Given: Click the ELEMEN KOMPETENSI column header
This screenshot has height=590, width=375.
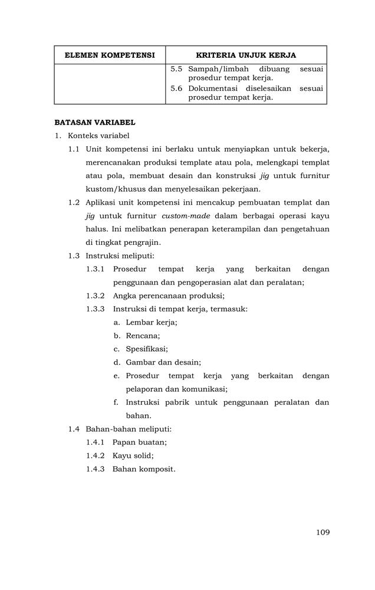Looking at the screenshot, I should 110,55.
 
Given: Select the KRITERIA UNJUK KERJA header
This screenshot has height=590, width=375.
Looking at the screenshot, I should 246,55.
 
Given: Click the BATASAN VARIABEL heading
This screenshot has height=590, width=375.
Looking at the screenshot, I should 95,123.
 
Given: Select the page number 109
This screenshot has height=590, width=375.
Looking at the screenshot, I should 323,532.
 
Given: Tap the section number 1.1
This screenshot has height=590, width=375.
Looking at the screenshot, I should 74,149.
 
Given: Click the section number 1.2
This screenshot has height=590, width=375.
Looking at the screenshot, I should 74,202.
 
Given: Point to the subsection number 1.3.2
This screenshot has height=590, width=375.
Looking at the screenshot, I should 95,296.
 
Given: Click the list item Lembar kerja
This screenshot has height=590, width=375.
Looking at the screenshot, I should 152,322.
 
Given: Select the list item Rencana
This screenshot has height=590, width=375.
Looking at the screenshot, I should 143,335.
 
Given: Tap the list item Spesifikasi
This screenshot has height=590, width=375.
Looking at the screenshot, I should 147,349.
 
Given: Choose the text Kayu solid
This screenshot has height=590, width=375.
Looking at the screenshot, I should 136,455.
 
